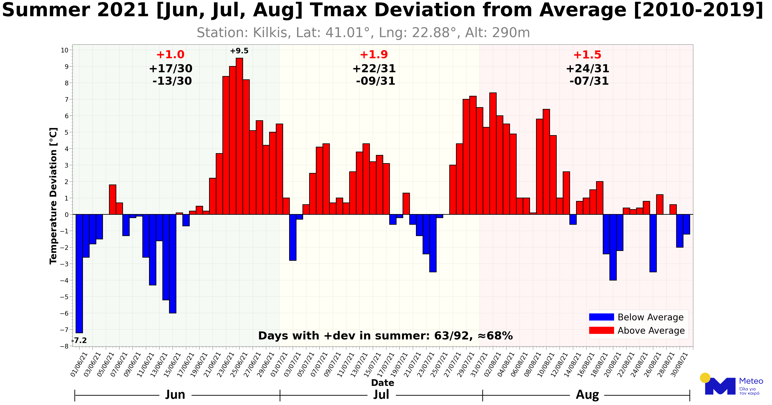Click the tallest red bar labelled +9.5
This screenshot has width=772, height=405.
(x=240, y=136)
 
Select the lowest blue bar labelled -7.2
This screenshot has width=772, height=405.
(x=79, y=273)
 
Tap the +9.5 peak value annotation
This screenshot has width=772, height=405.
(x=239, y=51)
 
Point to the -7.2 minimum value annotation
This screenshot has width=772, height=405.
(x=79, y=341)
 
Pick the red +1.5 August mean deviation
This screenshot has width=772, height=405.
(x=587, y=55)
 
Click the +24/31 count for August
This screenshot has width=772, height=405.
(x=587, y=69)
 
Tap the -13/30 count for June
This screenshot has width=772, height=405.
(x=172, y=81)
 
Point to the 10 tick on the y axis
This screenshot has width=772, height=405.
(x=65, y=50)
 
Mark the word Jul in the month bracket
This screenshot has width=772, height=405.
(x=381, y=395)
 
